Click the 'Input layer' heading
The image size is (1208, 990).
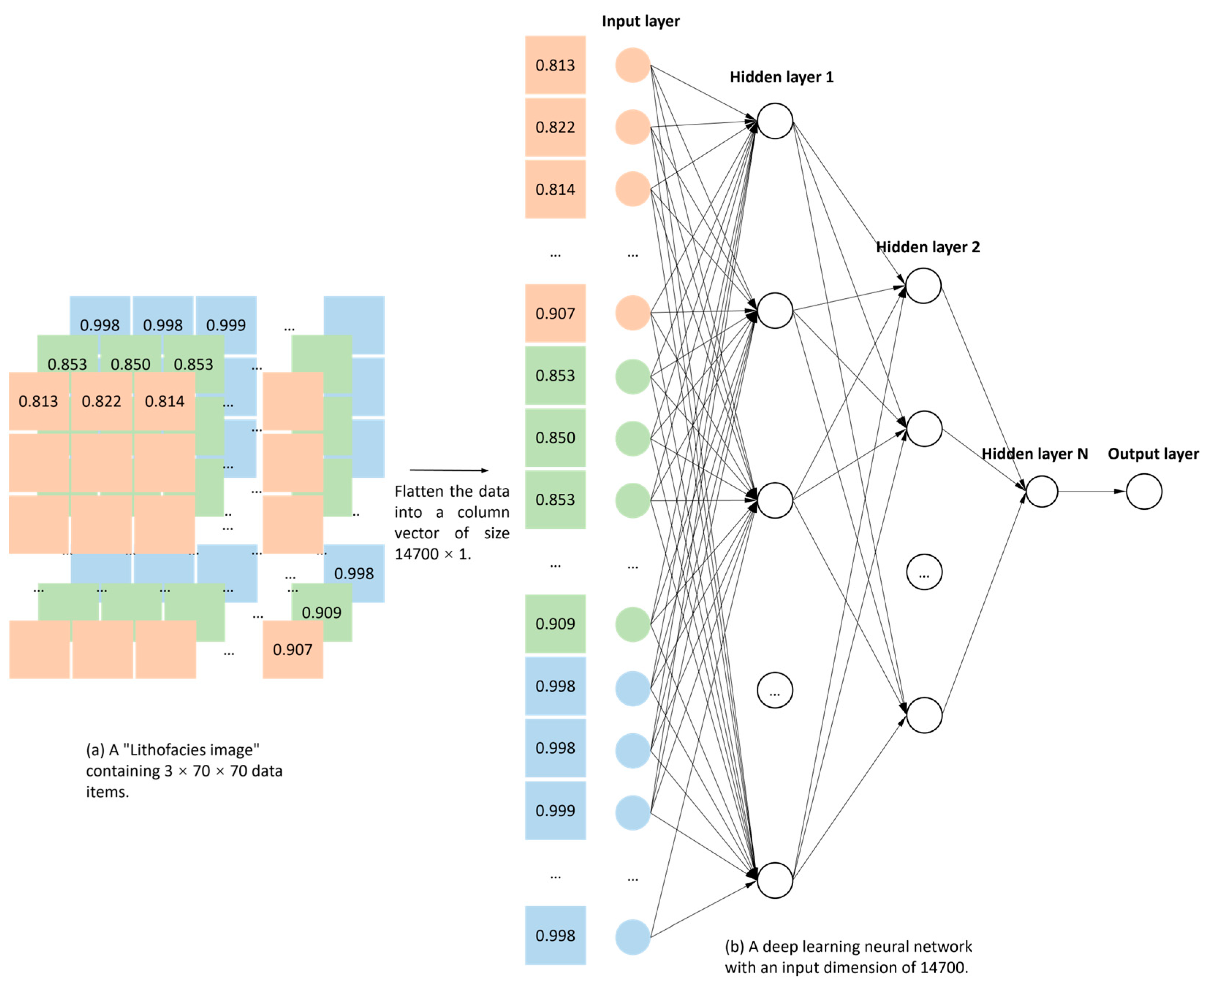(x=640, y=21)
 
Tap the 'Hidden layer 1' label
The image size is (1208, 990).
(x=781, y=77)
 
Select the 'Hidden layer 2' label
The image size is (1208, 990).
(x=928, y=247)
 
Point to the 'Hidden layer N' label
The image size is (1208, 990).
(x=1034, y=454)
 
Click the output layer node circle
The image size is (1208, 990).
(x=1144, y=491)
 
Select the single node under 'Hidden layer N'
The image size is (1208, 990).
(x=1041, y=491)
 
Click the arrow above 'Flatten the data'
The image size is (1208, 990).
(x=449, y=470)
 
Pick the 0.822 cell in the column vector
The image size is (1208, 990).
(x=555, y=127)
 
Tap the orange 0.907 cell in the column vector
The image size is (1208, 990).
(x=555, y=313)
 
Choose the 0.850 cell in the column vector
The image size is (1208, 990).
(x=555, y=437)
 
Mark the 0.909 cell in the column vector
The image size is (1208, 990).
(x=555, y=623)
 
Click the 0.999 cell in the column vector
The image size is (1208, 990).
(x=555, y=810)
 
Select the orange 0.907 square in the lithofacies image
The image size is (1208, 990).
(x=292, y=650)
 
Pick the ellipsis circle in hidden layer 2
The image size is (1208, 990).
(x=924, y=572)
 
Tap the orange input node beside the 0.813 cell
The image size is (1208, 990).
(x=632, y=65)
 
